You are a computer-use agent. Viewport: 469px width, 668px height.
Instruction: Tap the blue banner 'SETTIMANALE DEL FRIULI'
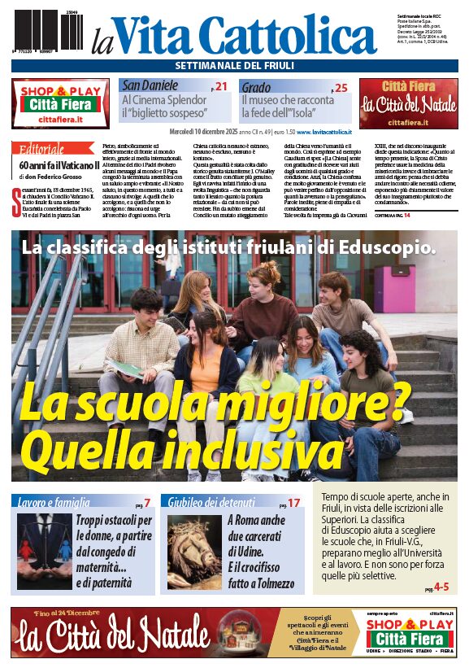(x=234, y=65)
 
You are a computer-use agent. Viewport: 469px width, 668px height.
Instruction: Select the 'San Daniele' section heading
(x=151, y=85)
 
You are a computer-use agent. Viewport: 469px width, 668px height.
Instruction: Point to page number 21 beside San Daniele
(x=220, y=86)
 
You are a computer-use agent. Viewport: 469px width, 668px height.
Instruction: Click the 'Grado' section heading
(x=256, y=86)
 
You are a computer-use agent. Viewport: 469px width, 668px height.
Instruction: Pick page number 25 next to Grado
(x=340, y=87)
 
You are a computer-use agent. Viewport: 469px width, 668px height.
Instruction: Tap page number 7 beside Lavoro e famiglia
(x=147, y=503)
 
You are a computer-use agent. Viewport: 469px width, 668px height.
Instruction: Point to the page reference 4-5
(x=441, y=586)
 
